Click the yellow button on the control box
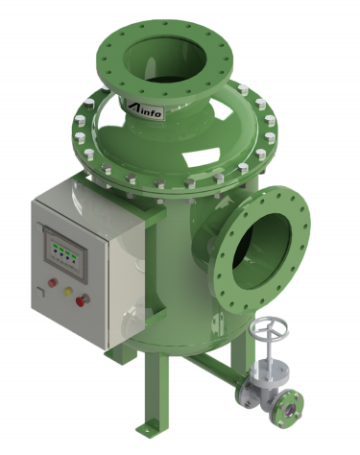click(x=68, y=292)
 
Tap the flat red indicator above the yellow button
click(x=53, y=282)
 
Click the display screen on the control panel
click(x=65, y=253)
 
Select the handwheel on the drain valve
click(x=268, y=327)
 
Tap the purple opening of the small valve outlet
click(x=292, y=408)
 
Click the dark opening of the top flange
click(x=164, y=60)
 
